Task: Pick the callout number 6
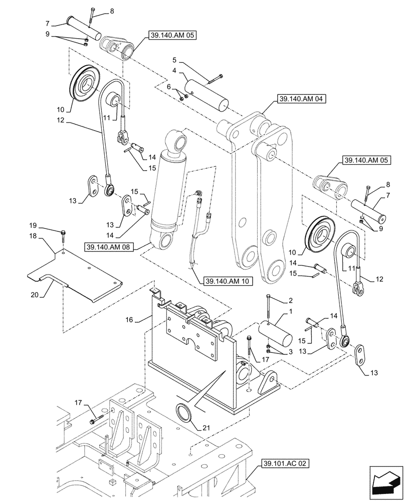coord(169,86)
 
